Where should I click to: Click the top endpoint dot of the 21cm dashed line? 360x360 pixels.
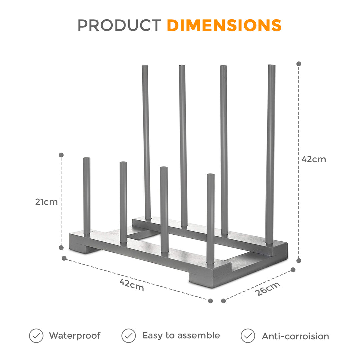[61, 155]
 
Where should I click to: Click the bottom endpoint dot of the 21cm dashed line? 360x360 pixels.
[61, 247]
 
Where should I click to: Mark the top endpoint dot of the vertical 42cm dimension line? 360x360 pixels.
[299, 64]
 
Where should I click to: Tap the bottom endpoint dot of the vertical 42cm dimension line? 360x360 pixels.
[299, 261]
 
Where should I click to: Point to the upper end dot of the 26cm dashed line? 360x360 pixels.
[293, 270]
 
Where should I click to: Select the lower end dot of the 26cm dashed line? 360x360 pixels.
[223, 301]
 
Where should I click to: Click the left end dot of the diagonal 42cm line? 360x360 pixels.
[64, 258]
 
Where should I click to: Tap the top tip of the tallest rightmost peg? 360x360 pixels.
[272, 65]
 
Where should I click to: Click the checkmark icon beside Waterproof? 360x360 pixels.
[36, 336]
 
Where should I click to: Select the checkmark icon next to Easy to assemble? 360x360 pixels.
[129, 336]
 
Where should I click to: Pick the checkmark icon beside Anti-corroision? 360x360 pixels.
[248, 336]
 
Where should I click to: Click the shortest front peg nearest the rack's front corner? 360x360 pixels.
[211, 219]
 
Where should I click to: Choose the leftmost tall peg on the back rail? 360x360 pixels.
[146, 143]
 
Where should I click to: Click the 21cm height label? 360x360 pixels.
[46, 202]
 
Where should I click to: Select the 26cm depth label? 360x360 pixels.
[267, 289]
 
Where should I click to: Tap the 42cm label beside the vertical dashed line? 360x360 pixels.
[314, 159]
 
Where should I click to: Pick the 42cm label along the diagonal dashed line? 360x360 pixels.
[132, 285]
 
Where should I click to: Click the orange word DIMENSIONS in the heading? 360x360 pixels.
[224, 25]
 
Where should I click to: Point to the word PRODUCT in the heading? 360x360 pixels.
[119, 25]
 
